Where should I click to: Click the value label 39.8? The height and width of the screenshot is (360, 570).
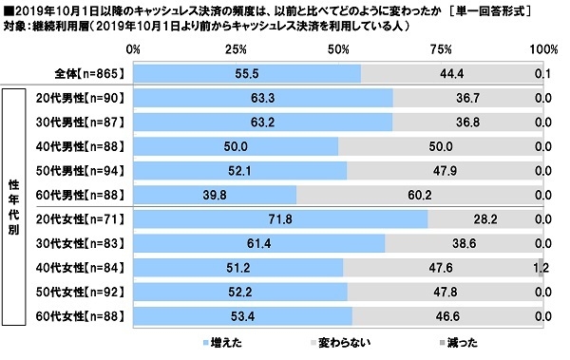[215, 195]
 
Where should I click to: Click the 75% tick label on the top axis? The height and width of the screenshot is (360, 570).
[439, 47]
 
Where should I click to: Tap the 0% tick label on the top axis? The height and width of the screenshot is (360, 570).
[133, 47]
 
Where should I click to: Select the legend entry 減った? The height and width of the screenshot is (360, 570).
[456, 341]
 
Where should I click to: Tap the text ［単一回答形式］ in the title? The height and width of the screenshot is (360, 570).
[509, 9]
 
